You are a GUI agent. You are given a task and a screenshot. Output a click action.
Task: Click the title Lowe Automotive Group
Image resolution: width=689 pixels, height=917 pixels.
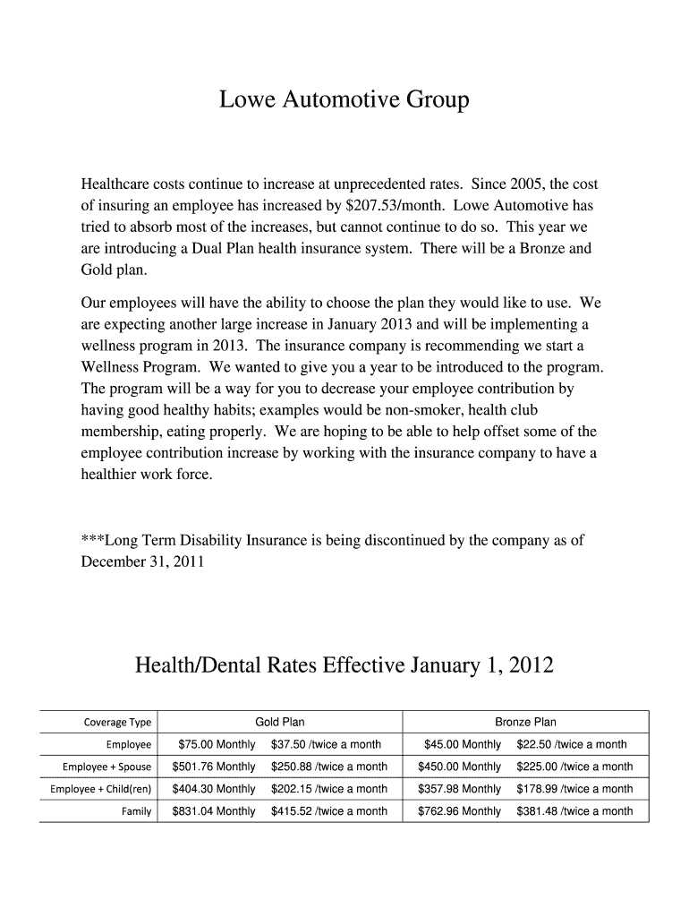(344, 100)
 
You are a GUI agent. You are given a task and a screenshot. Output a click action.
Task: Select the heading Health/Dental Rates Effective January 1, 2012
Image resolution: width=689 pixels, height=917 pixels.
(344, 665)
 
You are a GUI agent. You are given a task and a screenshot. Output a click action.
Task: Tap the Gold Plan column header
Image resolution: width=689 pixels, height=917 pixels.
(280, 722)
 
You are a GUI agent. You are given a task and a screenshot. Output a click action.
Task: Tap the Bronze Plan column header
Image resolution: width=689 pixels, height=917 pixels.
(525, 722)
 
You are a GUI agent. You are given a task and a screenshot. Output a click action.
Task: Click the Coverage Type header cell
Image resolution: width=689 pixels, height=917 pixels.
(117, 723)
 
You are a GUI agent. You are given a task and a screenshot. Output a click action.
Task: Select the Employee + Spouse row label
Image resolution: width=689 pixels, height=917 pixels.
(106, 767)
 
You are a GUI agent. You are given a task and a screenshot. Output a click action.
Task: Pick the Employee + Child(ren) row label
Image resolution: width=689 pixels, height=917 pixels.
(101, 790)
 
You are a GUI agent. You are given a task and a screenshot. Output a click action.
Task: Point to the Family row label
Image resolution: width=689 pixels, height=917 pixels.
(136, 812)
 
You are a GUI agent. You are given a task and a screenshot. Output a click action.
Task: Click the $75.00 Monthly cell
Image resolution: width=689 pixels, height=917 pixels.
(217, 744)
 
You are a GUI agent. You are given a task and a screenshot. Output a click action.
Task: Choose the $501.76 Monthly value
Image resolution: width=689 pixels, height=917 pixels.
(213, 767)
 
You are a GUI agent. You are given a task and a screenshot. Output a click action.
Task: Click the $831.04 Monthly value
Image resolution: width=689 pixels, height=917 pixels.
(213, 811)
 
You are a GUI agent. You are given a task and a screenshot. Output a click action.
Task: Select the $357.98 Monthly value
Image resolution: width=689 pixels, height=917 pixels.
(459, 789)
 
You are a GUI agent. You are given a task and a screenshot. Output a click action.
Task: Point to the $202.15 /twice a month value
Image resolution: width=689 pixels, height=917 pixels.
(329, 789)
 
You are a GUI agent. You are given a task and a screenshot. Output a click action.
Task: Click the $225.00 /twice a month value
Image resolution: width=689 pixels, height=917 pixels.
(574, 767)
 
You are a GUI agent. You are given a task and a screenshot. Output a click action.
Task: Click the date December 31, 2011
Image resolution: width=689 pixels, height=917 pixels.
(142, 562)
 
